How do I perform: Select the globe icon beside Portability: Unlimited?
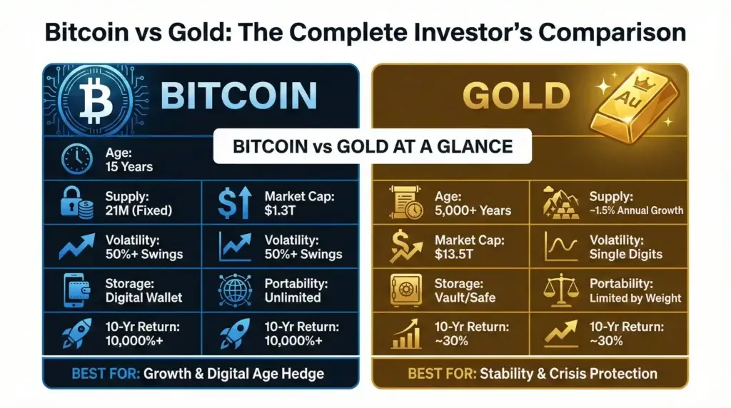pyautogui.click(x=234, y=290)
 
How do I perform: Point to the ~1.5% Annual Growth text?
pyautogui.click(x=636, y=210)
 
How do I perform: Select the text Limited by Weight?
pyautogui.click(x=635, y=297)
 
